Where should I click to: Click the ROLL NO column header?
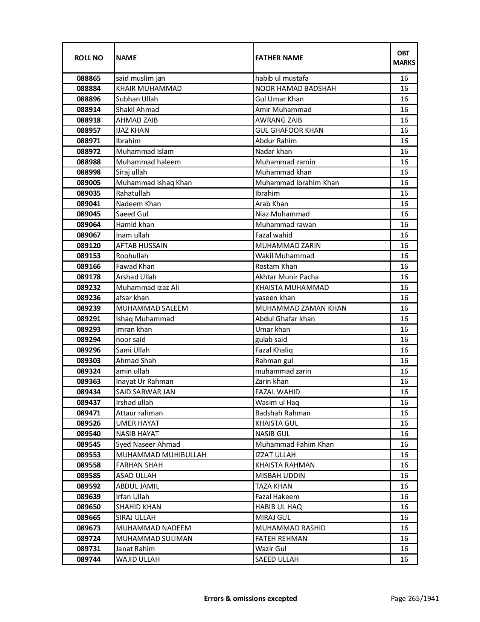tap(88, 58)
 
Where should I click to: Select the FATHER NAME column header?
tap(279, 58)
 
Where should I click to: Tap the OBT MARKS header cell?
tap(404, 58)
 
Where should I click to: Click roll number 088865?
tap(88, 78)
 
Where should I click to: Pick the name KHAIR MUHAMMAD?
tap(149, 89)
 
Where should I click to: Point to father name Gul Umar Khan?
tap(279, 99)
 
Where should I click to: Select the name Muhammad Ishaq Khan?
tap(154, 183)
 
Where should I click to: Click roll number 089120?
tap(88, 245)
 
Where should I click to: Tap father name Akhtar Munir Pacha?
tap(287, 277)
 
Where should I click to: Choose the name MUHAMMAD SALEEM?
tap(152, 308)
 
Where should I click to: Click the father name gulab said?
tap(271, 340)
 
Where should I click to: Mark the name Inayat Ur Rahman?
tap(145, 381)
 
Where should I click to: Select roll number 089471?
tap(88, 413)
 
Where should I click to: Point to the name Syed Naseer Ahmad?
tap(148, 444)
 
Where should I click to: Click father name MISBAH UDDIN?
tap(280, 476)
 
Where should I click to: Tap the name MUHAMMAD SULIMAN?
tap(154, 538)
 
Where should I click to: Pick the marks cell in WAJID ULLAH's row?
tap(404, 559)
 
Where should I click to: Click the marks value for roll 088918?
tap(404, 120)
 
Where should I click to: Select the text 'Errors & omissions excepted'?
tap(250, 598)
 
